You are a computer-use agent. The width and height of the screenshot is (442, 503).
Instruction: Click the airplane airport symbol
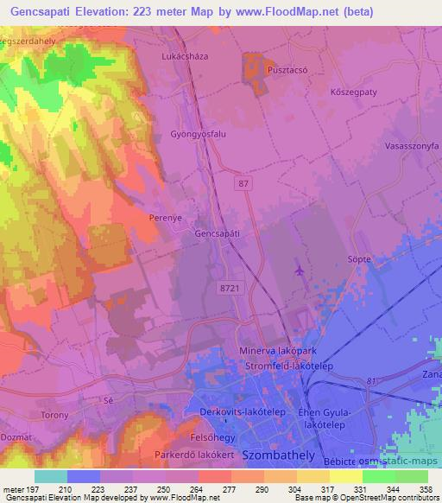(x=299, y=271)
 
